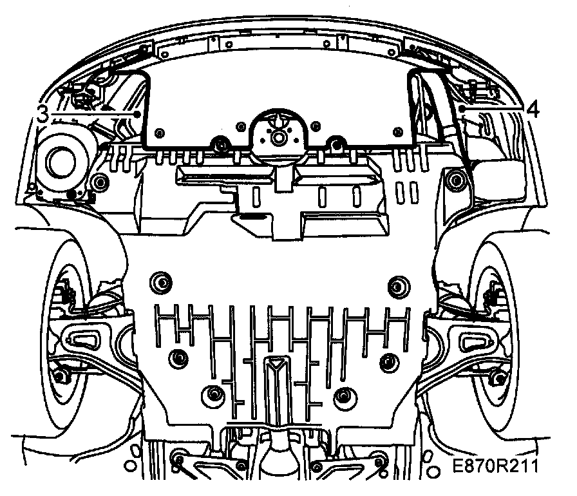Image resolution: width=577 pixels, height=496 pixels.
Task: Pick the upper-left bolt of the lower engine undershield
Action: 158,281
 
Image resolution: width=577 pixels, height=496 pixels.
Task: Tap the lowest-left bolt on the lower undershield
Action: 213,394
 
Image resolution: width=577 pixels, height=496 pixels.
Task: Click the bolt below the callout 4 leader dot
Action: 456,179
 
